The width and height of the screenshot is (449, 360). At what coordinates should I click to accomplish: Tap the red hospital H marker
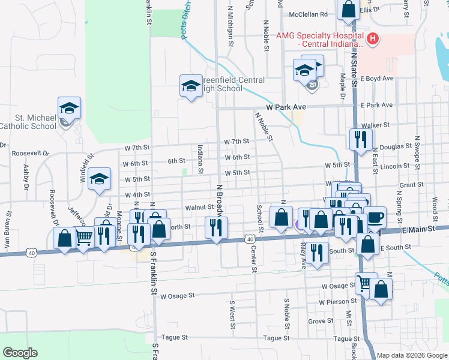373,40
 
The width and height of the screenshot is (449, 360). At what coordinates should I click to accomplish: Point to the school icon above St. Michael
69,108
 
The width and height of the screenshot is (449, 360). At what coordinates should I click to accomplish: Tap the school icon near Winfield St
100,179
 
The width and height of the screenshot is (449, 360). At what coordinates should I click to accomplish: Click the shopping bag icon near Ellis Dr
348,10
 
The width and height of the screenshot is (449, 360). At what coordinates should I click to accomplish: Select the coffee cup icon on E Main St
376,217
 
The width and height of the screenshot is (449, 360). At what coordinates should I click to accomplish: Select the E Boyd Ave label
377,79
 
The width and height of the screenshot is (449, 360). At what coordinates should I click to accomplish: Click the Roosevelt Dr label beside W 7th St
29,153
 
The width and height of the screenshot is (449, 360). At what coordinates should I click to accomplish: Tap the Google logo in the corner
20,353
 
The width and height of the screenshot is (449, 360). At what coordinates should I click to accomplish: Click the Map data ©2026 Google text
412,355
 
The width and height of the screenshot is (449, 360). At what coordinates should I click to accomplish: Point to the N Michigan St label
231,27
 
